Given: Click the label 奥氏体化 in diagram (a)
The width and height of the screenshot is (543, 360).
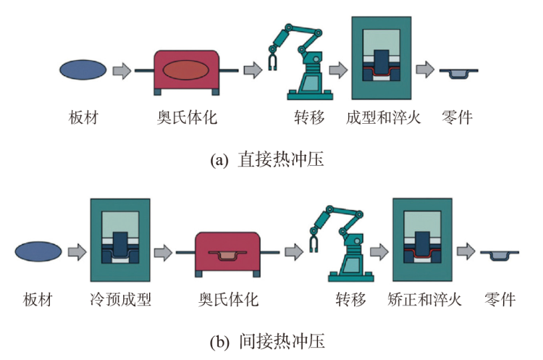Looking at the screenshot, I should pyautogui.click(x=187, y=117).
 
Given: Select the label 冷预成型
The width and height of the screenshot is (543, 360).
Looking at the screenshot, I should pyautogui.click(x=122, y=299).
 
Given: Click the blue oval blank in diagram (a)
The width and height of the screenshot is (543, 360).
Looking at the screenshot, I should pyautogui.click(x=82, y=70).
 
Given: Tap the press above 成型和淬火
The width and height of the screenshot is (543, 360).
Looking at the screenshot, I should pyautogui.click(x=382, y=58).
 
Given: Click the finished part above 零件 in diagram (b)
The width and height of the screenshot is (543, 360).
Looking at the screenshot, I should pyautogui.click(x=499, y=254).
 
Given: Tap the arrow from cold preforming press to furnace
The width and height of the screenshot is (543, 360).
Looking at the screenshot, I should pyautogui.click(x=164, y=253).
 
